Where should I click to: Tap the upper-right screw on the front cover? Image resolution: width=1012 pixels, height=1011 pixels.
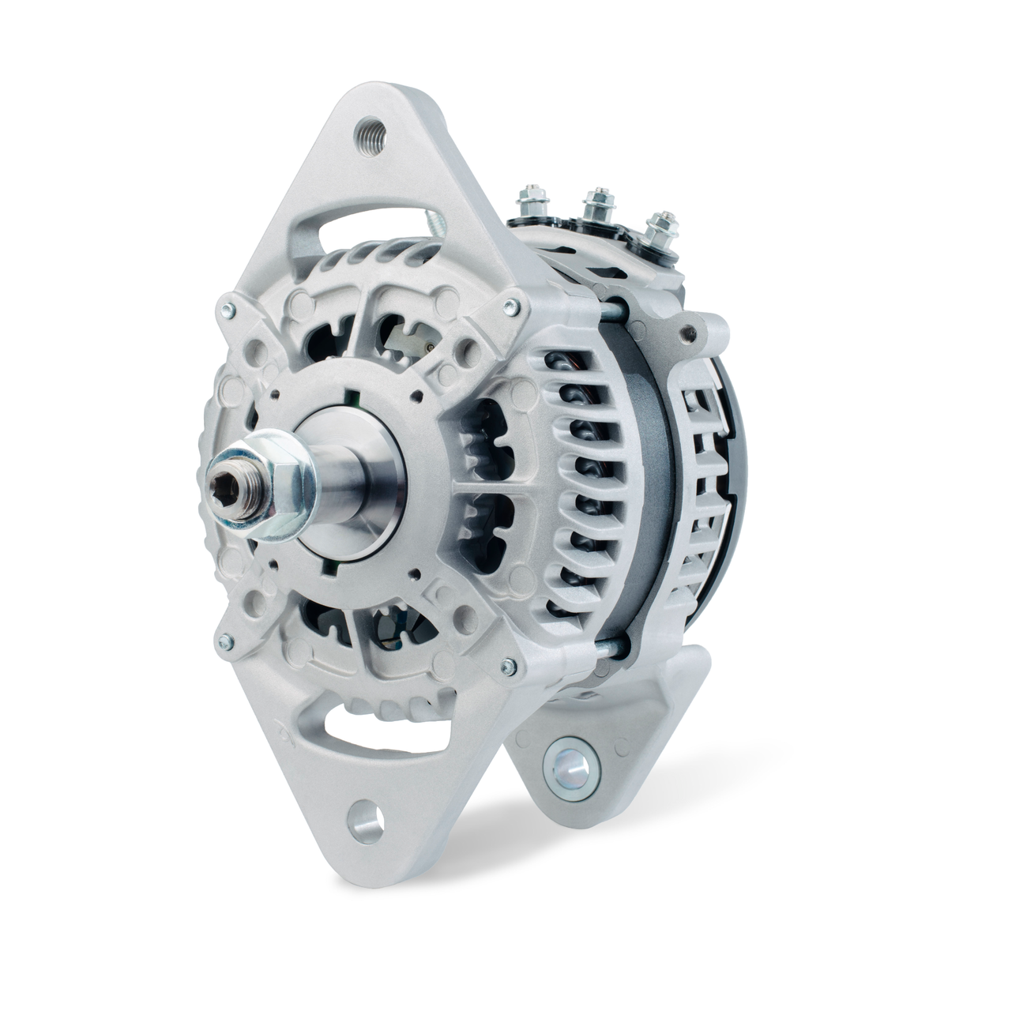pyautogui.click(x=516, y=299)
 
